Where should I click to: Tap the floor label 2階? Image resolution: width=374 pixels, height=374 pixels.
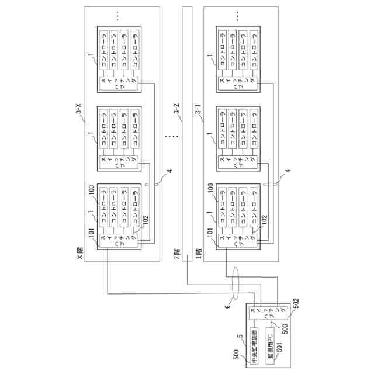(x=177, y=254)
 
